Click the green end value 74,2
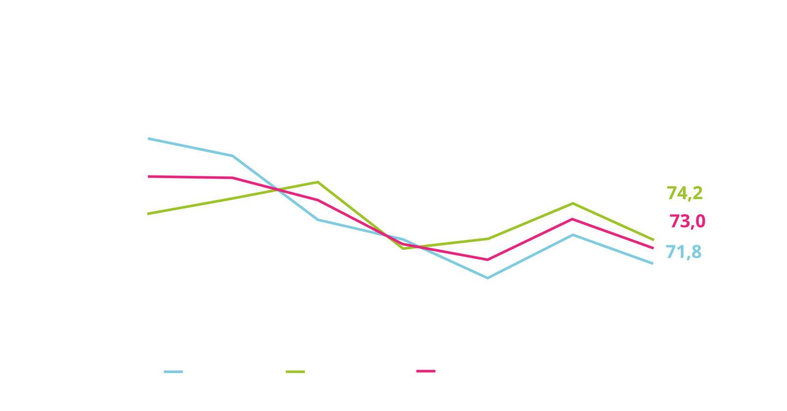tap(685, 193)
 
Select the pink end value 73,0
tap(687, 222)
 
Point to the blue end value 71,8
tap(683, 252)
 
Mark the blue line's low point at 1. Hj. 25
tap(487, 279)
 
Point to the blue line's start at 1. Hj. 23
tap(149, 139)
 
